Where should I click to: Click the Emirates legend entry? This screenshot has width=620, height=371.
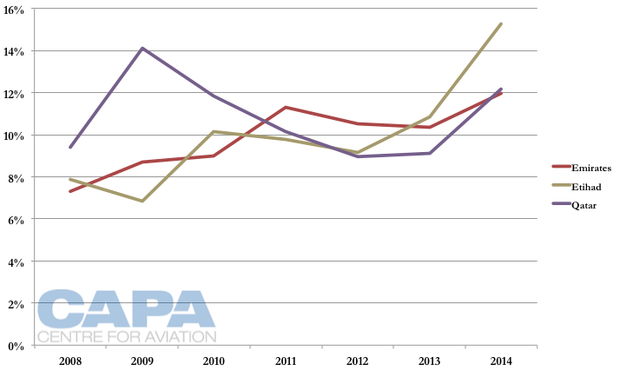point(588,166)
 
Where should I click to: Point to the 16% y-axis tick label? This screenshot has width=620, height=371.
point(16,9)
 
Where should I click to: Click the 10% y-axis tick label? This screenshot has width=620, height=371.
point(16,136)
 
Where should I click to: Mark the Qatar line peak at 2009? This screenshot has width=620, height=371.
point(142,48)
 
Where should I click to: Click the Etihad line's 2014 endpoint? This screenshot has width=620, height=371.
point(501,23)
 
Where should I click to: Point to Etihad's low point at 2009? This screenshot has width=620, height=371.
point(142,201)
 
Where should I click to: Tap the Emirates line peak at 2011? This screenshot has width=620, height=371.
point(286,107)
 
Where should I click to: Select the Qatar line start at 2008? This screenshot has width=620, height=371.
point(70,147)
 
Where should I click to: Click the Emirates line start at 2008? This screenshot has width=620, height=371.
point(70,191)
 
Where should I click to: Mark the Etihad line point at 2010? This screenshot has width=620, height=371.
point(214,131)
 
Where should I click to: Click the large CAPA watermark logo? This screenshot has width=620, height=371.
point(126,309)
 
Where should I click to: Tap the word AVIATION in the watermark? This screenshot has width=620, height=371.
point(179,336)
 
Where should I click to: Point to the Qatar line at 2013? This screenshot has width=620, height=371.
point(429,153)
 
